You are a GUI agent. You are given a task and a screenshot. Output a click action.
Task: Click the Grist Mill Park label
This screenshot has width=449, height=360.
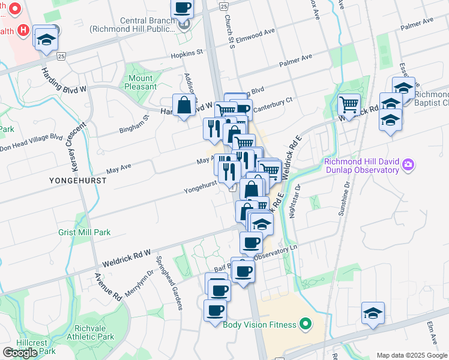(x=84, y=232)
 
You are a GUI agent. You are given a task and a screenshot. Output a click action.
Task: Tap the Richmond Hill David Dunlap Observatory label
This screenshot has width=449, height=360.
(x=362, y=165)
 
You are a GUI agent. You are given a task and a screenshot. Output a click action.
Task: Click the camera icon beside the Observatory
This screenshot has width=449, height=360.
(x=408, y=164)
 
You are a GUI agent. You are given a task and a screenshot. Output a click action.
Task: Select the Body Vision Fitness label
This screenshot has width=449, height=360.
(x=259, y=325)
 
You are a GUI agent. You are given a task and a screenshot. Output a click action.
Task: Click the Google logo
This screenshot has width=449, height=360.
(x=20, y=353)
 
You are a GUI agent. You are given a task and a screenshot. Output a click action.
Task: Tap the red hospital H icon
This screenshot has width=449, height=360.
(x=23, y=29)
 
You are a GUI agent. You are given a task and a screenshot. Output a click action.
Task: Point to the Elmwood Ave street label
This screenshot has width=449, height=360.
(x=255, y=31)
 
